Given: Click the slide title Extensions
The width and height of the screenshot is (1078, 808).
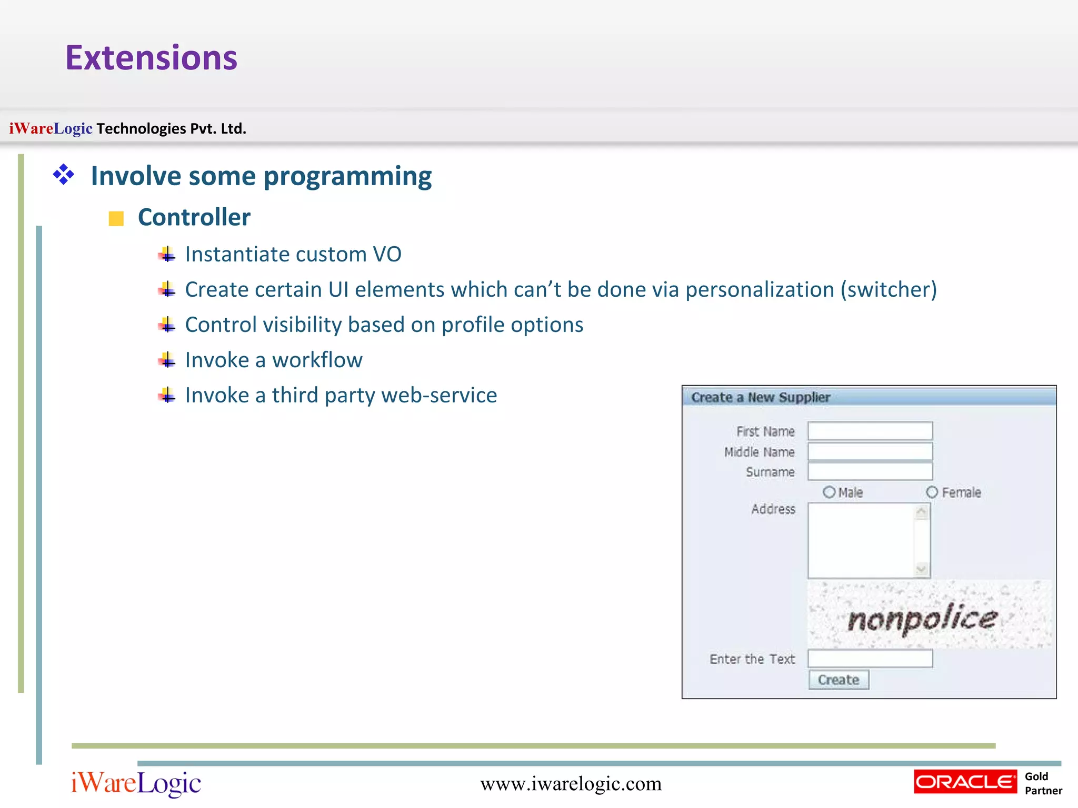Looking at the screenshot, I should tap(151, 57).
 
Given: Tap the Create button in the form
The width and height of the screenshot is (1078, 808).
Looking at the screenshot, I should tap(839, 680).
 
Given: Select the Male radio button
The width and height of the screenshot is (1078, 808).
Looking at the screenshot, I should tap(829, 492).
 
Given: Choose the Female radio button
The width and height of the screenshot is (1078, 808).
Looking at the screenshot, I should tap(932, 492).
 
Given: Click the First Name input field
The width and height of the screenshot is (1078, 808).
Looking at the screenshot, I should tap(870, 431).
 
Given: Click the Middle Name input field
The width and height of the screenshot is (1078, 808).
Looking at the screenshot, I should tap(870, 451).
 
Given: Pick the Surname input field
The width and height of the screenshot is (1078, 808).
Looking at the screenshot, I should tap(870, 471).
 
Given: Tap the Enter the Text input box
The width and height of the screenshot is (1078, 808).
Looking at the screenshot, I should tap(870, 659).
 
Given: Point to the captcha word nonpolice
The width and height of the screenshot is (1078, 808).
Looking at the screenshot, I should tap(922, 619).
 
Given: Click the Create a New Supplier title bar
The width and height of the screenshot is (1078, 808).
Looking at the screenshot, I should tap(869, 397).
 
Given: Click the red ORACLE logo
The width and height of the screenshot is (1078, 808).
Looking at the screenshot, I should tap(965, 782).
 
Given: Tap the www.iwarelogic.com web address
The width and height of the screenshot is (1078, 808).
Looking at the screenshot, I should tap(571, 784).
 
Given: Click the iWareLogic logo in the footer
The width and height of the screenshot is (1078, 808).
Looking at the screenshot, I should tap(136, 783).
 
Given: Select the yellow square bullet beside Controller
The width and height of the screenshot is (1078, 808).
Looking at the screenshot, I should tap(116, 218).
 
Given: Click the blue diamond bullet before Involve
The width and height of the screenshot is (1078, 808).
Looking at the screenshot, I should tap(64, 175).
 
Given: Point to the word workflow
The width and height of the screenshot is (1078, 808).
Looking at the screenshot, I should tap(317, 360).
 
